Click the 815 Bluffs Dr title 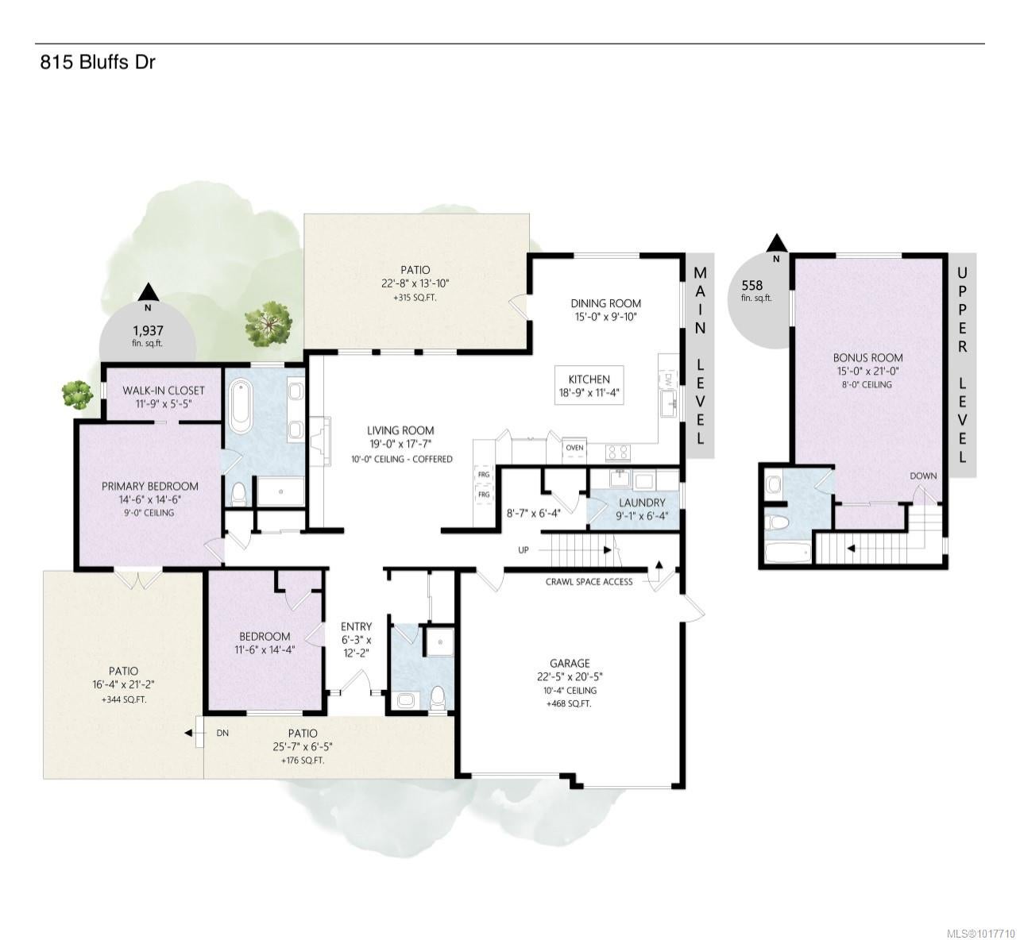98,63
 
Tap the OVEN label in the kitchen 574,448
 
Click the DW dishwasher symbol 667,380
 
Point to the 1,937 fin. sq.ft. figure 148,336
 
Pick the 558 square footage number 752,285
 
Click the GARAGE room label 570,663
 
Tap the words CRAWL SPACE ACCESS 589,582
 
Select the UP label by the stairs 524,550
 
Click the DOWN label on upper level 923,476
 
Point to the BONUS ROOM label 868,358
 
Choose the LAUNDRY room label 642,503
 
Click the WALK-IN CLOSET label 164,391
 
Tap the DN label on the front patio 222,733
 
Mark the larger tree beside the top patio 268,323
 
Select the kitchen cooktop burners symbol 618,453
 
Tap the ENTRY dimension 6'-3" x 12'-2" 356,647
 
